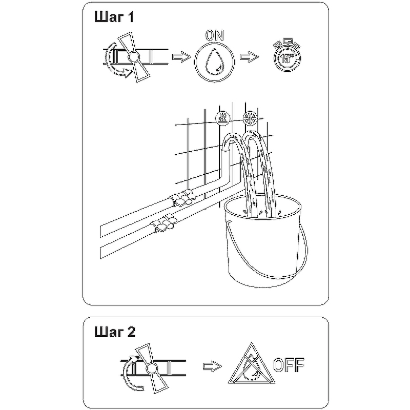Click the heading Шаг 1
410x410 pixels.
pyautogui.click(x=114, y=17)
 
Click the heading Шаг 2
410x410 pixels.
pyautogui.click(x=115, y=332)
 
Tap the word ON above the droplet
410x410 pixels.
pyautogui.click(x=214, y=35)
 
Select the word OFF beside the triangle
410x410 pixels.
pyautogui.click(x=289, y=365)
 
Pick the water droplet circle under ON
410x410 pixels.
pyautogui.click(x=214, y=62)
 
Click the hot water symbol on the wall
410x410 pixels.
pyautogui.click(x=223, y=118)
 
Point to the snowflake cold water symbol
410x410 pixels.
pyautogui.click(x=250, y=118)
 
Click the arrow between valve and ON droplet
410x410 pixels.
pyautogui.click(x=182, y=57)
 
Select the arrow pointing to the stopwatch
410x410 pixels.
pyautogui.click(x=249, y=57)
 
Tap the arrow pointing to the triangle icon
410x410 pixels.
pyautogui.click(x=212, y=366)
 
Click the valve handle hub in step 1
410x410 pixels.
pyautogui.click(x=134, y=56)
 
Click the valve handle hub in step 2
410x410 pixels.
pyautogui.click(x=151, y=368)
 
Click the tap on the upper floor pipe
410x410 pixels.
pyautogui.click(x=182, y=198)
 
